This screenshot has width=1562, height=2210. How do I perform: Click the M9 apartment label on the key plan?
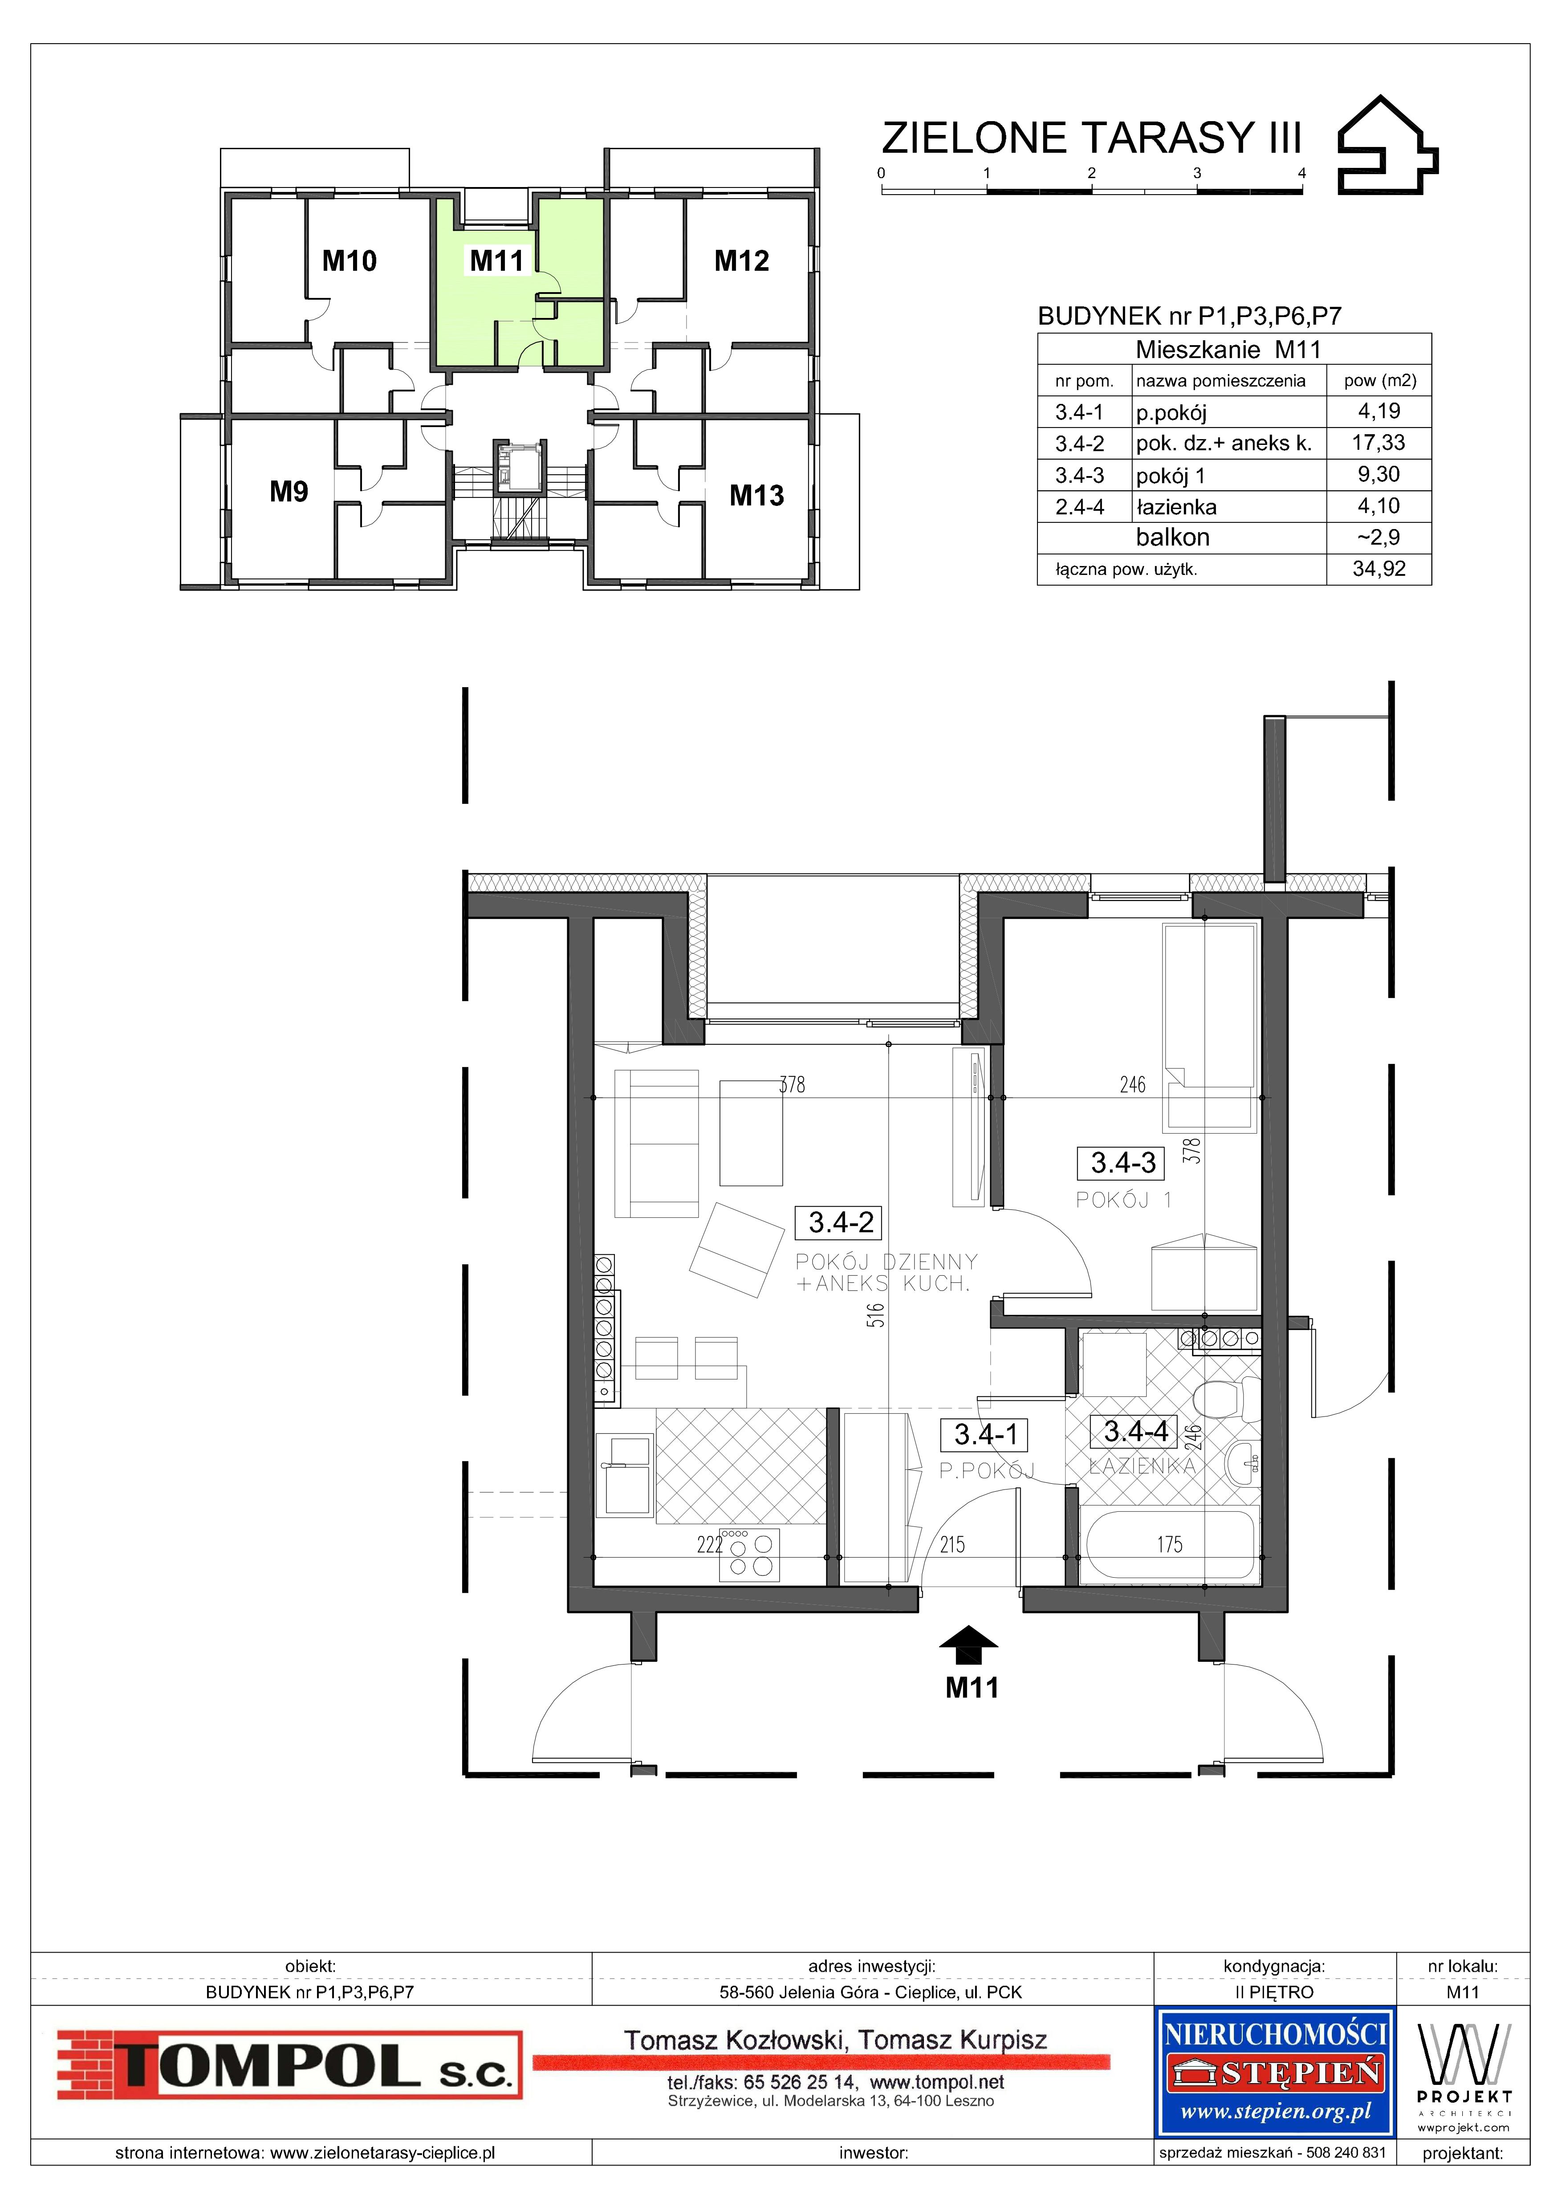tap(289, 492)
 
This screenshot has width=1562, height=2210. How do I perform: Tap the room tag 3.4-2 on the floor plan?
tap(840, 1222)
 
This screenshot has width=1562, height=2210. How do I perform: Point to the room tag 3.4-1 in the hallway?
tap(985, 1435)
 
